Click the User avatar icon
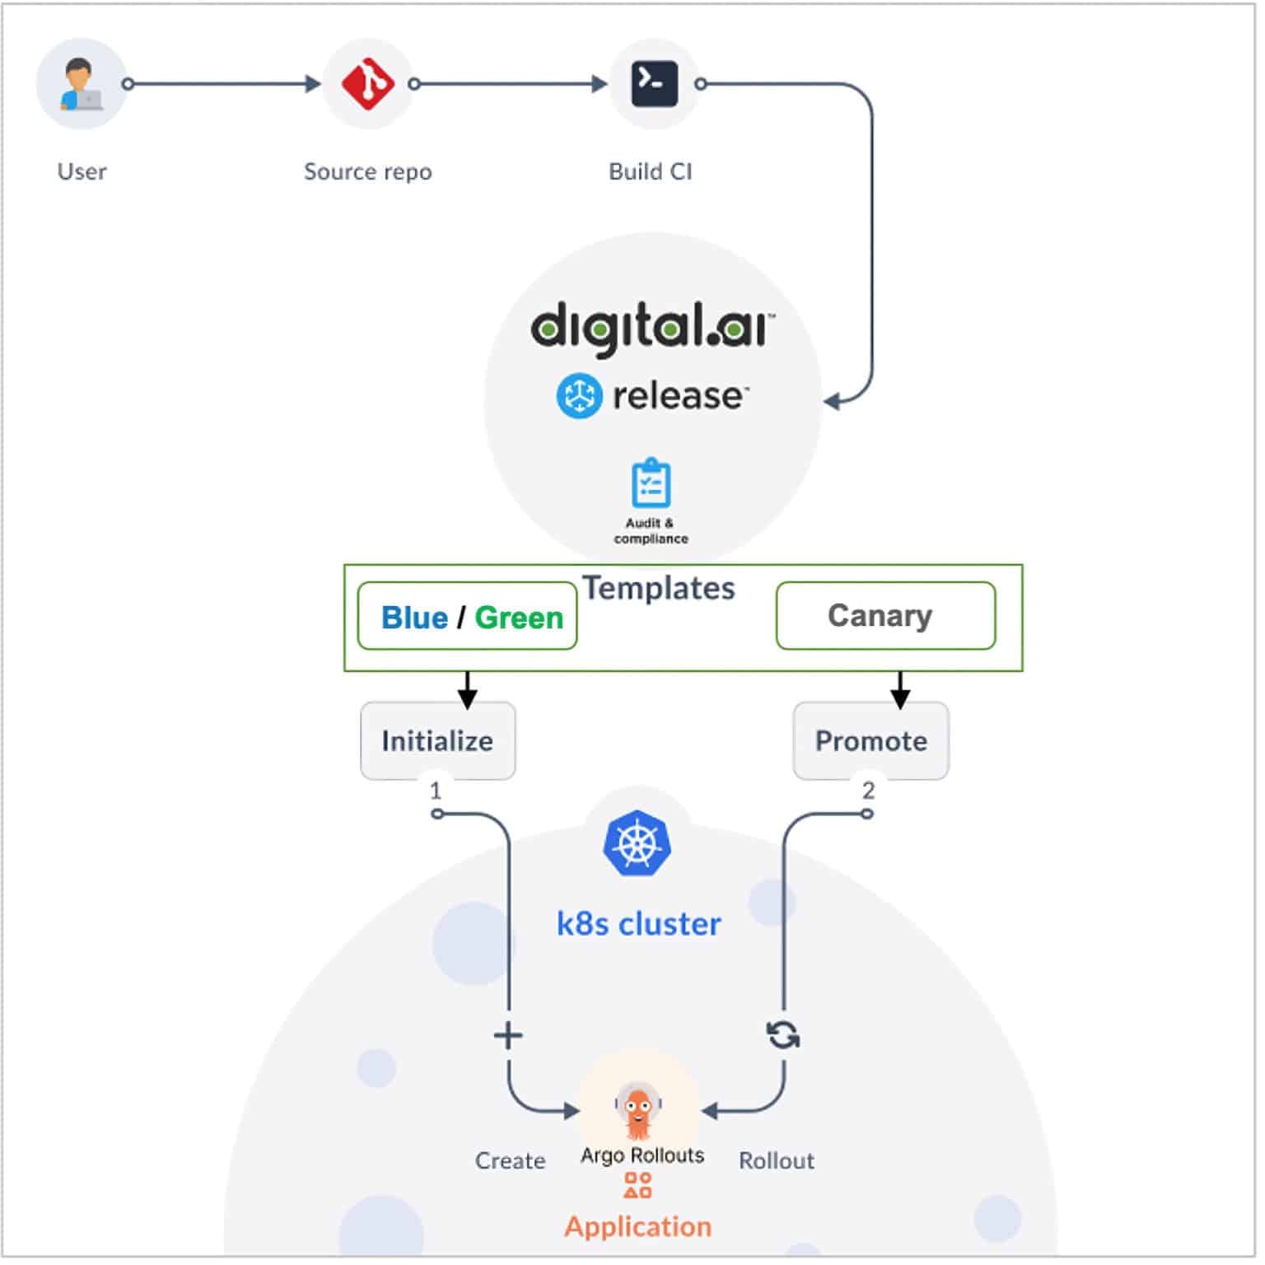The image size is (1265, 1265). pyautogui.click(x=81, y=84)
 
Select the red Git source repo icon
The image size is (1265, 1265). pyautogui.click(x=367, y=84)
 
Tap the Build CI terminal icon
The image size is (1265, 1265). pyautogui.click(x=654, y=84)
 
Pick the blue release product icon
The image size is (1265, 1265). pyautogui.click(x=579, y=396)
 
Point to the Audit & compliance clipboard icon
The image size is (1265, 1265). pyautogui.click(x=651, y=483)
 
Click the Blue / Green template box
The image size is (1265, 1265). pyautogui.click(x=468, y=617)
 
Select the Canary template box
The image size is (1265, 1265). pyautogui.click(x=885, y=616)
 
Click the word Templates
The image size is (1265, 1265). pyautogui.click(x=659, y=588)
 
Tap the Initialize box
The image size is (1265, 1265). pyautogui.click(x=438, y=740)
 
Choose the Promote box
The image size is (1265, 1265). pyautogui.click(x=871, y=740)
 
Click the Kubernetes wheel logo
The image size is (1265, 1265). pyautogui.click(x=637, y=844)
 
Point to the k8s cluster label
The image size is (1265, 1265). pyautogui.click(x=638, y=924)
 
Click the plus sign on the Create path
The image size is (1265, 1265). pyautogui.click(x=508, y=1035)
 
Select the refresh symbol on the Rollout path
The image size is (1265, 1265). pyautogui.click(x=782, y=1034)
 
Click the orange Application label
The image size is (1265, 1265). pyautogui.click(x=637, y=1226)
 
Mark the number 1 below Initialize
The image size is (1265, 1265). pyautogui.click(x=436, y=791)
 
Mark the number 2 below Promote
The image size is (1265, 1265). pyautogui.click(x=868, y=791)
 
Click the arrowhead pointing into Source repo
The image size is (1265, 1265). pyautogui.click(x=313, y=84)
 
